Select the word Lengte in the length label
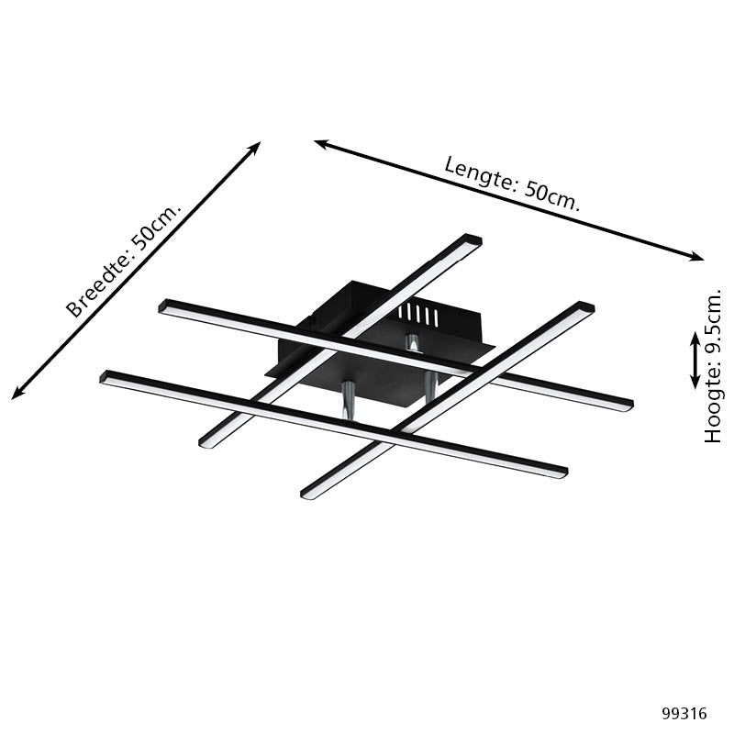click(477, 173)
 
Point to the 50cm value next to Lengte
click(552, 195)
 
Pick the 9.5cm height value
click(714, 326)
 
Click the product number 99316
click(684, 713)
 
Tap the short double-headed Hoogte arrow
click(695, 360)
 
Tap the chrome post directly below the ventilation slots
click(413, 344)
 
